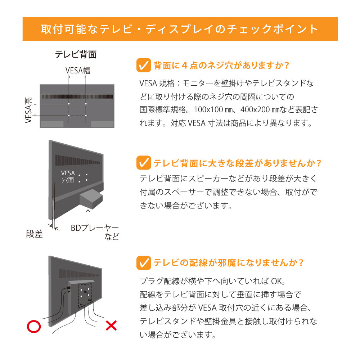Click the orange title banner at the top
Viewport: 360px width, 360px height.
pyautogui.click(x=180, y=29)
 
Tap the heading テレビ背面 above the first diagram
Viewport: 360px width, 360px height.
pyautogui.click(x=76, y=54)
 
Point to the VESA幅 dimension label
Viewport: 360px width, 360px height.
pyautogui.click(x=78, y=70)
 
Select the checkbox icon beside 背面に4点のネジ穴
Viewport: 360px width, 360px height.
pyautogui.click(x=144, y=66)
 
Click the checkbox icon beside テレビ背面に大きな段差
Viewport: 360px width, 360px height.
pyautogui.click(x=144, y=163)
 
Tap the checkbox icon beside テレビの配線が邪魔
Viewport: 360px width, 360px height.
pyautogui.click(x=144, y=262)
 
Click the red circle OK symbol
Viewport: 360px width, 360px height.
pyautogui.click(x=34, y=326)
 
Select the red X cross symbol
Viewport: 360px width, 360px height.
pyautogui.click(x=111, y=326)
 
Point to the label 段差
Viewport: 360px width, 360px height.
pyautogui.click(x=34, y=234)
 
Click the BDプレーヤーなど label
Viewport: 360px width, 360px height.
pyautogui.click(x=95, y=233)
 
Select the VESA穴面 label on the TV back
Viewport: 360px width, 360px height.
pyautogui.click(x=68, y=176)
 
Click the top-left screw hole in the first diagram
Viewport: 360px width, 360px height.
pyautogui.click(x=69, y=104)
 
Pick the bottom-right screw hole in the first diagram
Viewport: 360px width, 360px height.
pyautogui.click(x=86, y=116)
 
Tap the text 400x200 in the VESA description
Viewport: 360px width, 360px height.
pyautogui.click(x=253, y=109)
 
